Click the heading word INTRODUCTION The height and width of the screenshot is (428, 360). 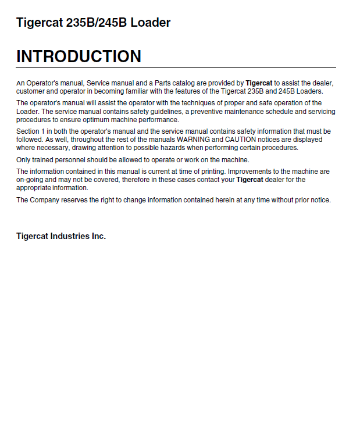pos(79,56)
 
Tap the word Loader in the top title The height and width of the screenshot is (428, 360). pos(151,23)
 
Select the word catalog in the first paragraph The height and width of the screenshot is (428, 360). pos(184,83)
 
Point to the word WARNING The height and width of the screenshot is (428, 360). pos(195,140)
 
